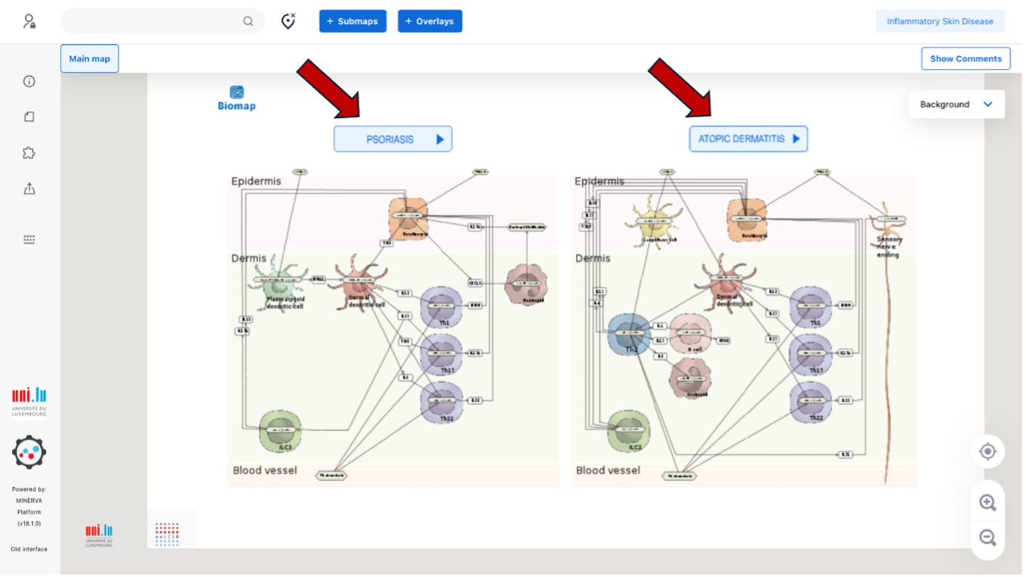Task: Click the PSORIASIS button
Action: click(x=393, y=139)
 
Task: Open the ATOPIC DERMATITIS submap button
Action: click(x=748, y=139)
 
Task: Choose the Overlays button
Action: click(x=430, y=21)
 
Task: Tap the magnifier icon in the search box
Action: click(x=248, y=21)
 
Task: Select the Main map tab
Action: click(x=89, y=59)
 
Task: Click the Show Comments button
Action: click(x=965, y=59)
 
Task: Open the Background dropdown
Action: click(x=956, y=104)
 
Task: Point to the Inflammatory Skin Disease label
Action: click(x=940, y=21)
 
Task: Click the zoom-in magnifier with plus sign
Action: click(x=987, y=503)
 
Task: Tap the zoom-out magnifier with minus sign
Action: click(x=987, y=538)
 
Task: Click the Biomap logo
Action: click(x=237, y=98)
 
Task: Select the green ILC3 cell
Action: click(x=281, y=431)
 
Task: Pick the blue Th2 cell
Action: click(x=630, y=333)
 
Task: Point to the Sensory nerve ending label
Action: click(x=889, y=247)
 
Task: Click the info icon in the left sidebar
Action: click(x=30, y=82)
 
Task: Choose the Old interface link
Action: click(x=29, y=549)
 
